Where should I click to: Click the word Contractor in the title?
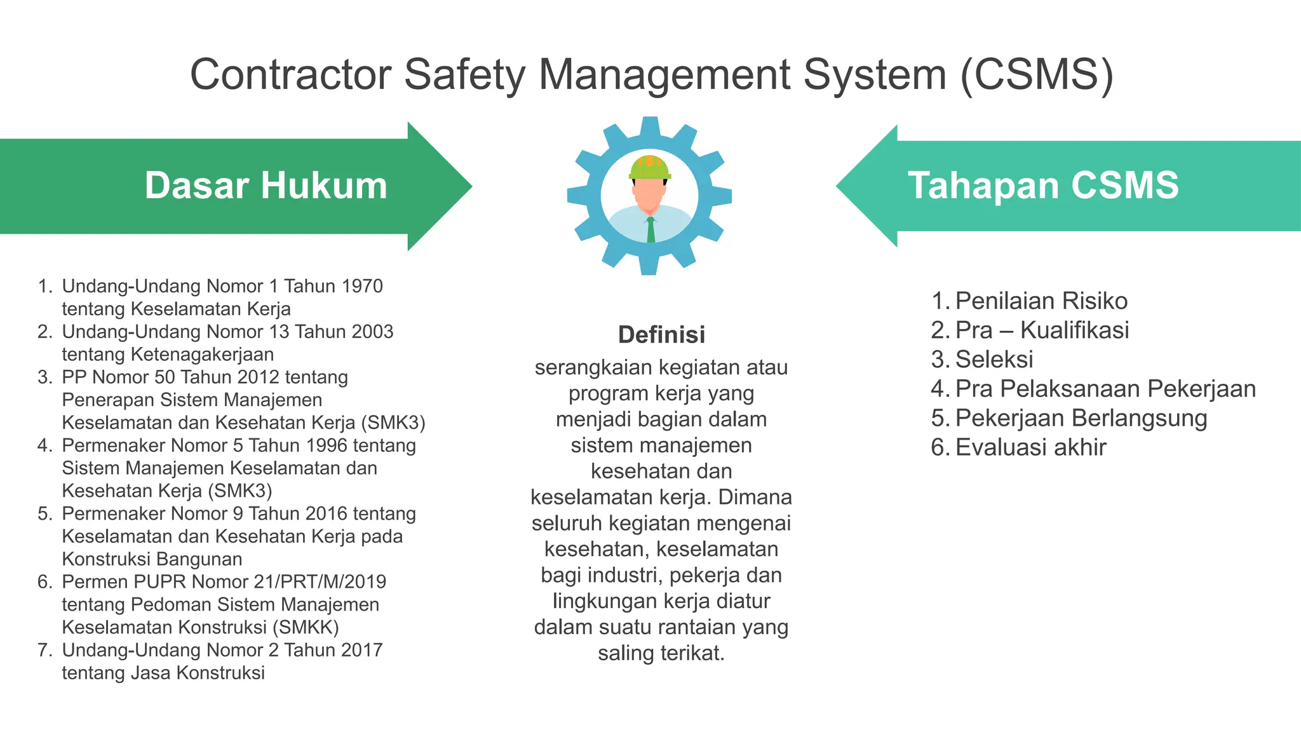(290, 75)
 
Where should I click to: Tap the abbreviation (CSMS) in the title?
(1036, 75)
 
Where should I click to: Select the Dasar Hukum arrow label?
(266, 186)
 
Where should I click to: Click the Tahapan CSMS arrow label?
(1043, 186)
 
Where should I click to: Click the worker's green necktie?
(650, 230)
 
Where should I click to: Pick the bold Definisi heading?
(661, 335)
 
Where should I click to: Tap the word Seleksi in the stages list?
(994, 360)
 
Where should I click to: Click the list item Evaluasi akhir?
(1030, 447)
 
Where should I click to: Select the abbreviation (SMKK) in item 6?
(306, 627)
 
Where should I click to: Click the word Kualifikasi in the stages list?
(1074, 330)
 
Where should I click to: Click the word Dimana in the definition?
(755, 497)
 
